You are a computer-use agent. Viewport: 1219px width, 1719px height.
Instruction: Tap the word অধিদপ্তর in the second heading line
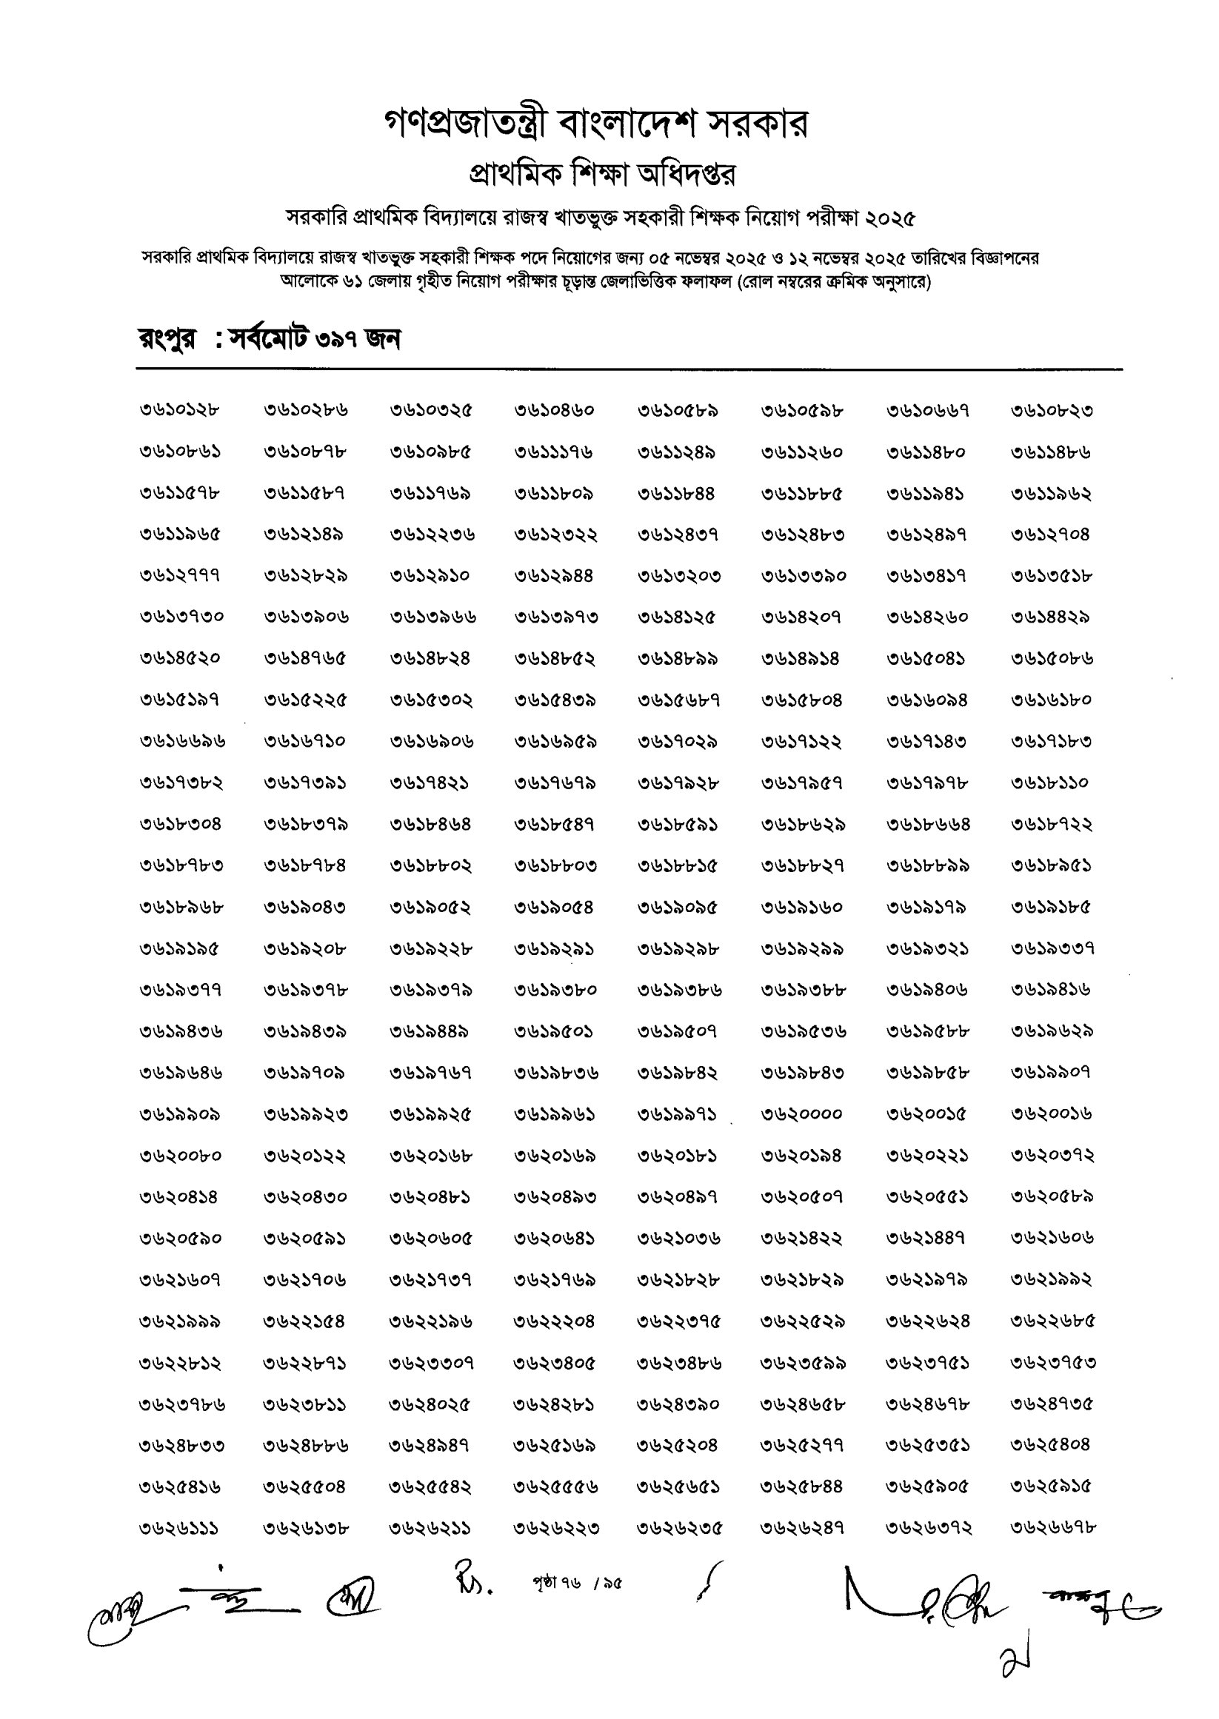click(x=686, y=175)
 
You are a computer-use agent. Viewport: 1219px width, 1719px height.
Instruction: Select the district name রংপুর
click(x=167, y=340)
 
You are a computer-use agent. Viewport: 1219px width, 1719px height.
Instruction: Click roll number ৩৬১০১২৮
click(x=179, y=410)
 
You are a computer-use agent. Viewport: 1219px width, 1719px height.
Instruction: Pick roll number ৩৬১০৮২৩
click(x=1052, y=410)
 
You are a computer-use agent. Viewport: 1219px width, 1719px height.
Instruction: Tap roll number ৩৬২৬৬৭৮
click(x=1053, y=1528)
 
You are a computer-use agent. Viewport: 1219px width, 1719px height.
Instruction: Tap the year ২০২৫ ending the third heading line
click(x=890, y=218)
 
